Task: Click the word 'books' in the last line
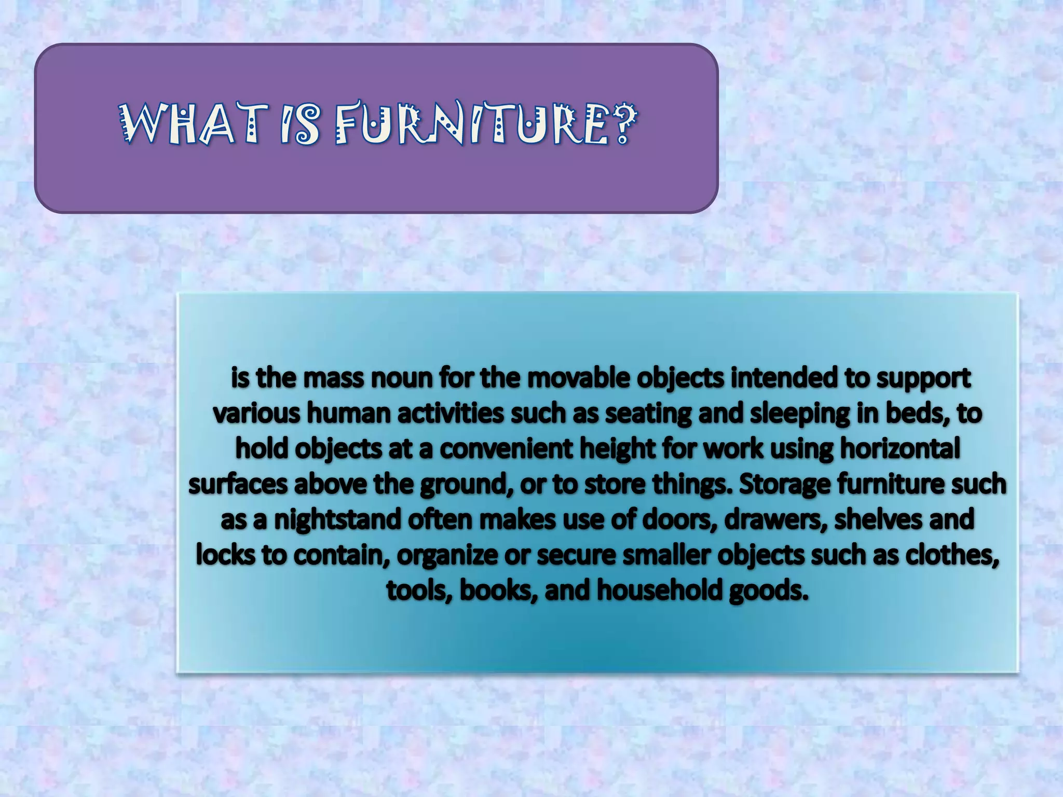tap(498, 590)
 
